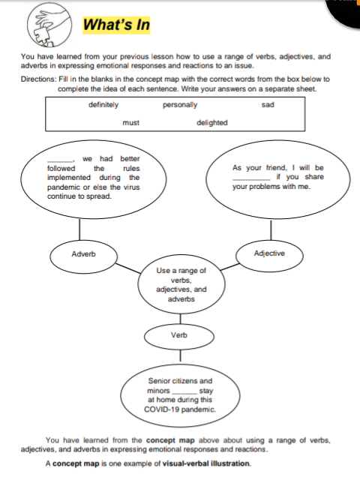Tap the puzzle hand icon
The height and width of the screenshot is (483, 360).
(44, 25)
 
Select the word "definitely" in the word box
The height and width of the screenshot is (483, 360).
(103, 105)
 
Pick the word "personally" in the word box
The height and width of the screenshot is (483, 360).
(180, 105)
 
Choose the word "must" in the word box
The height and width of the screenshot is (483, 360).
(130, 122)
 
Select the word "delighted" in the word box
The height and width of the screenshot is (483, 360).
(212, 122)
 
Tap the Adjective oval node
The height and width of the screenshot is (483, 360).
(269, 253)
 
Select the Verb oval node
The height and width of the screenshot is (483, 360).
(178, 334)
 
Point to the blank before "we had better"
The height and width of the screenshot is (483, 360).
(60, 160)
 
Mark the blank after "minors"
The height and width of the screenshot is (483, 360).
(185, 391)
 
